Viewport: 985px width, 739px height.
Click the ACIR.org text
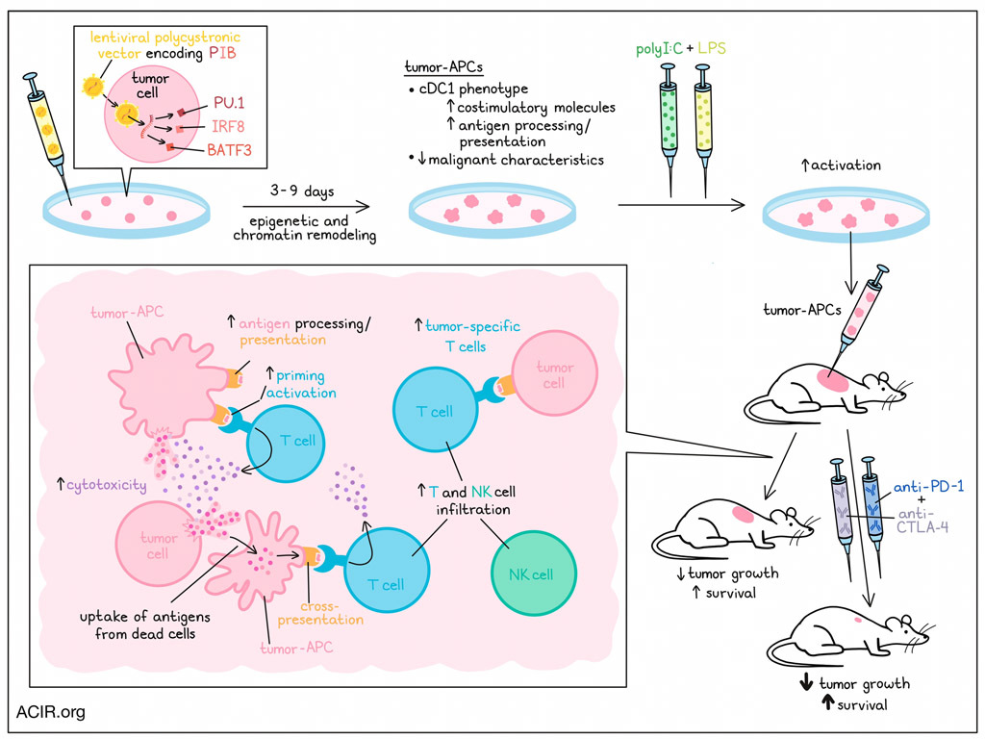click(x=50, y=713)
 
